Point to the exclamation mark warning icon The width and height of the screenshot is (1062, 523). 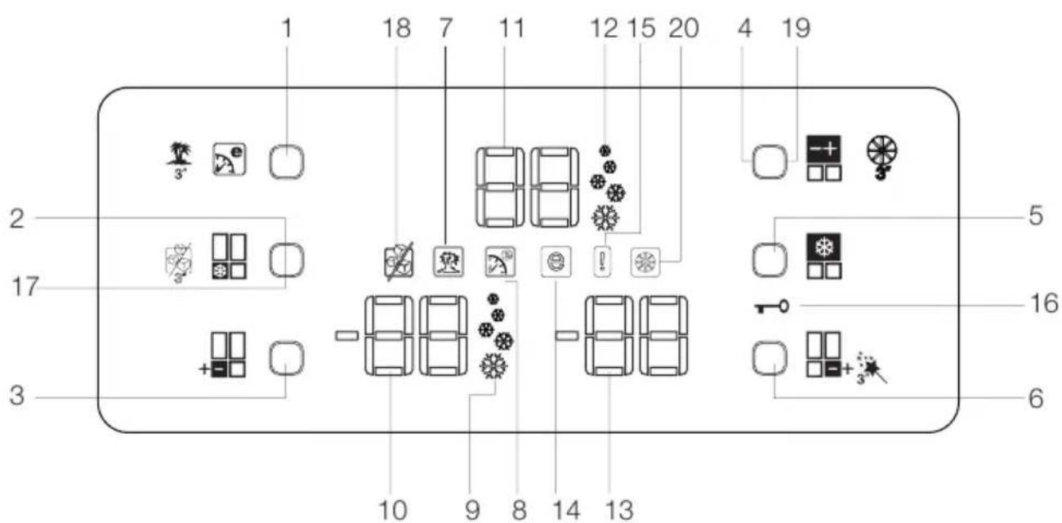(x=601, y=263)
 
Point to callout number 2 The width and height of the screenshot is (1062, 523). (x=16, y=218)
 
